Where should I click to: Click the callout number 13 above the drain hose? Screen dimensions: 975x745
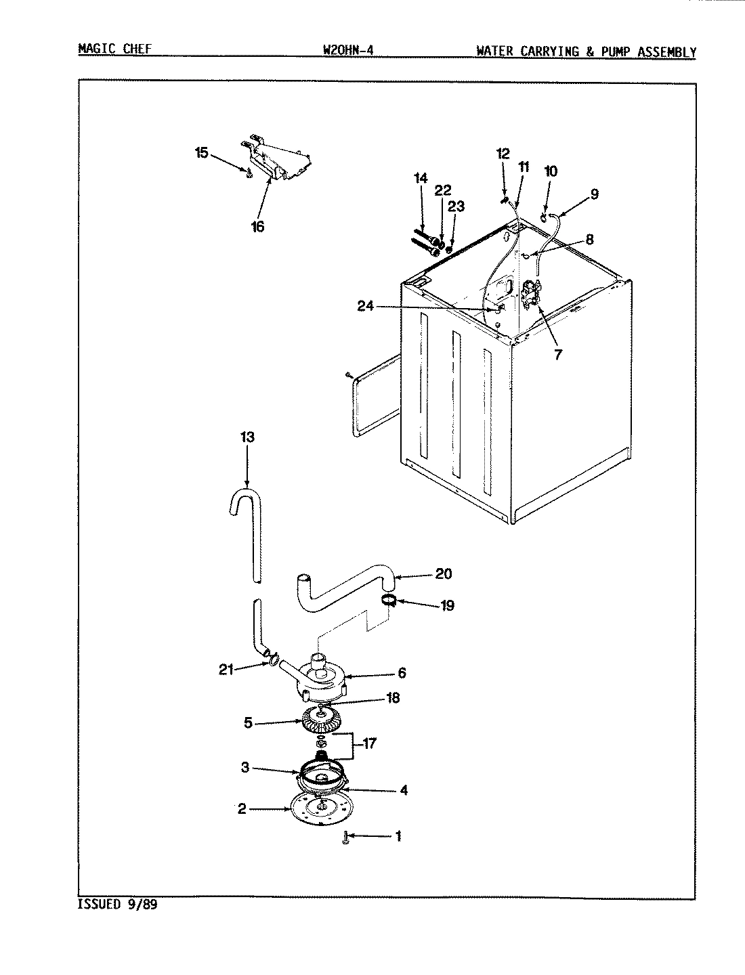247,437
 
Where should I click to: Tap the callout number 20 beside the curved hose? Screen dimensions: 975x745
444,574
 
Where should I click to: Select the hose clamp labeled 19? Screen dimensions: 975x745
389,599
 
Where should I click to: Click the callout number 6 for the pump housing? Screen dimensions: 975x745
402,672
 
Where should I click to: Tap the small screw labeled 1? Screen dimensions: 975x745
346,838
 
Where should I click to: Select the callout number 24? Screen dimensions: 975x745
366,307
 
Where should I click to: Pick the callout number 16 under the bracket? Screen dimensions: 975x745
258,227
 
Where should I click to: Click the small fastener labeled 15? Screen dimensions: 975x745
249,174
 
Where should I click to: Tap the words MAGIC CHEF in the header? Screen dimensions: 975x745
114,49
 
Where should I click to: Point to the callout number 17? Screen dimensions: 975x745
370,743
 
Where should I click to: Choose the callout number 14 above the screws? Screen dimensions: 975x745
421,178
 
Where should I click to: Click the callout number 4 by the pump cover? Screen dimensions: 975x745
403,789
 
